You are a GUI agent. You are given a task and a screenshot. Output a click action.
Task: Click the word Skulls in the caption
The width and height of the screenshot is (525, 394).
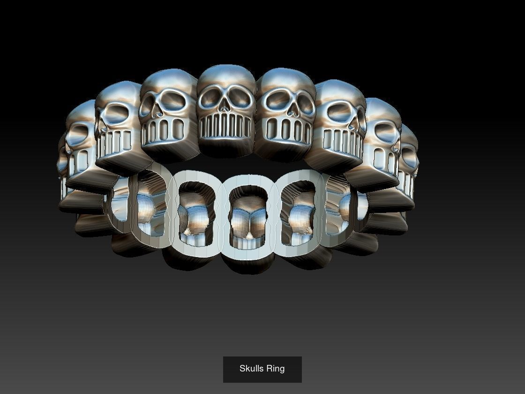pyautogui.click(x=252, y=369)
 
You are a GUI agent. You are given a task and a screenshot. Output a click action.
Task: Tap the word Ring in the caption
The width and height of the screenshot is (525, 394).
pyautogui.click(x=276, y=369)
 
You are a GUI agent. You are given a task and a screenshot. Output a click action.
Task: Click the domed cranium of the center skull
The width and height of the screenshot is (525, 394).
pyautogui.click(x=226, y=75)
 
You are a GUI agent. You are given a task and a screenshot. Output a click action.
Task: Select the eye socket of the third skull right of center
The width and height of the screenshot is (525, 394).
pyautogui.click(x=382, y=132)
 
